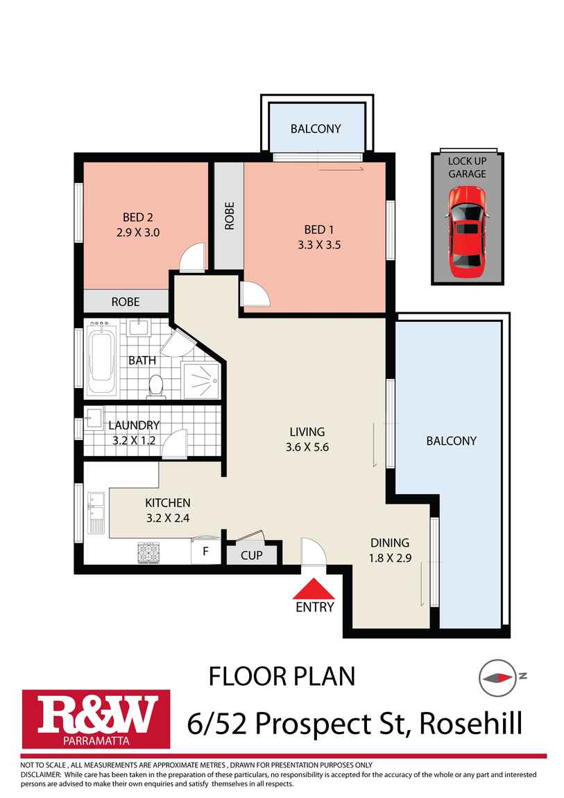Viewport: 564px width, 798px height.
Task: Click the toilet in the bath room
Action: (156, 386)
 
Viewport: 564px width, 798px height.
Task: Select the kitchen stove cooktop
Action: (148, 552)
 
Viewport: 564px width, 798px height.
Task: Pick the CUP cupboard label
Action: (251, 555)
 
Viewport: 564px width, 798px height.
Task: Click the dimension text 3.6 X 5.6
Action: (307, 448)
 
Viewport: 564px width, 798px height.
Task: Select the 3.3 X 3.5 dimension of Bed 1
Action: (318, 244)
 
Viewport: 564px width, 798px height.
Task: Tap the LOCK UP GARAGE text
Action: (467, 167)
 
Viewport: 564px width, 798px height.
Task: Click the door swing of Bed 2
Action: (193, 257)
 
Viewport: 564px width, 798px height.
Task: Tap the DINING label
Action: (390, 543)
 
